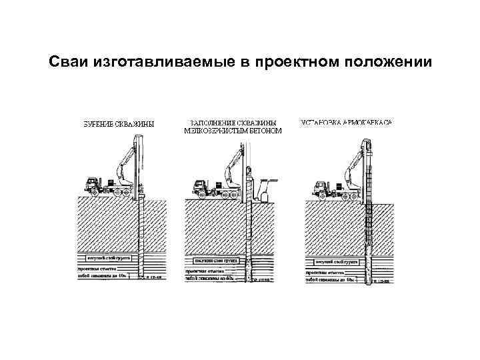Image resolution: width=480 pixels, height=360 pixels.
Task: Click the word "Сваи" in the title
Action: coord(68,63)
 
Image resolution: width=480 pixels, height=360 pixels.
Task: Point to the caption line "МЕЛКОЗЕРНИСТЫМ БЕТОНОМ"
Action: coord(233,131)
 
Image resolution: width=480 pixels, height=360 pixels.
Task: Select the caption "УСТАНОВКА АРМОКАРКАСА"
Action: coord(346,123)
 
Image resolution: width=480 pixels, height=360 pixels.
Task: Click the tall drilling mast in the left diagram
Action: coord(139,167)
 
